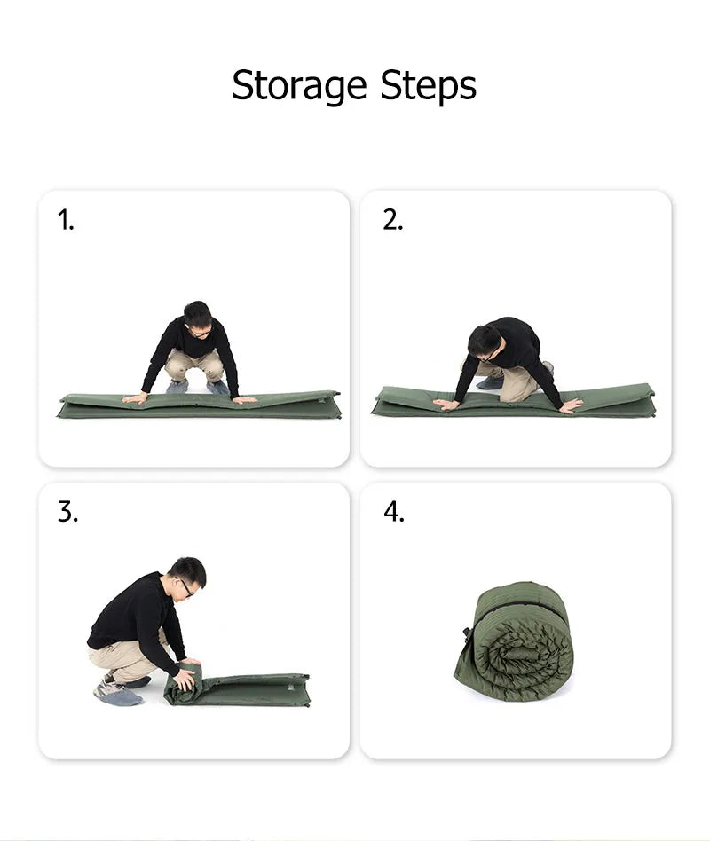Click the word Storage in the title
point(299,86)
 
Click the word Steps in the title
point(429,86)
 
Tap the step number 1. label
point(66,220)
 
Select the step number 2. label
point(392,220)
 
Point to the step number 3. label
point(67,512)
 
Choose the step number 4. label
point(394,512)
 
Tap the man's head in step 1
point(198,318)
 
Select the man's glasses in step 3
point(185,586)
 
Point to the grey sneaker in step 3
point(117,691)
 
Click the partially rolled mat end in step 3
point(183,683)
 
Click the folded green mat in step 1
point(199,405)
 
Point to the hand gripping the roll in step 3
point(185,678)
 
